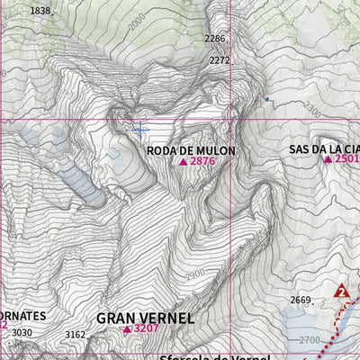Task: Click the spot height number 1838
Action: click(x=40, y=11)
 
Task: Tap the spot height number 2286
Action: click(x=215, y=39)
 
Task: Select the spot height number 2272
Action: click(x=220, y=60)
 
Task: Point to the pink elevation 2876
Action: click(x=202, y=162)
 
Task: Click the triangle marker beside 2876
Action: click(x=183, y=162)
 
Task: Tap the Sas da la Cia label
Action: click(x=324, y=148)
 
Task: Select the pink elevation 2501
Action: click(x=347, y=159)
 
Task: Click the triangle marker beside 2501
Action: click(x=328, y=159)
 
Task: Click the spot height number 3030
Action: click(x=22, y=333)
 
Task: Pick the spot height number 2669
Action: click(x=300, y=300)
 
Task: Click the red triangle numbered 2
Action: click(x=341, y=291)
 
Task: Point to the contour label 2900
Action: click(x=194, y=274)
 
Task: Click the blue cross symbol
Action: click(x=139, y=130)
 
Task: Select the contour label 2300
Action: click(x=311, y=109)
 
